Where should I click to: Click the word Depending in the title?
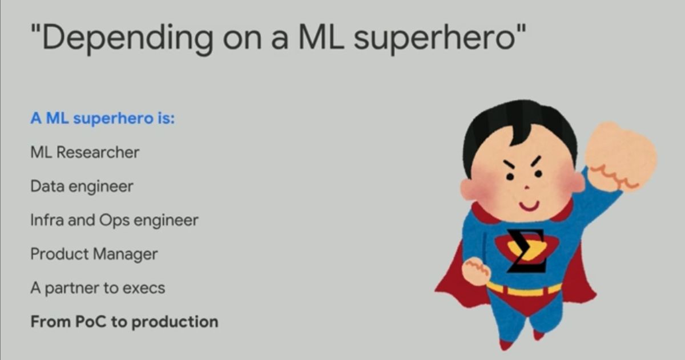pos(128,38)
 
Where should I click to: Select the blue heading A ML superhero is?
pos(102,118)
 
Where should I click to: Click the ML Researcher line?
pos(84,152)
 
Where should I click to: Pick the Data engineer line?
pos(82,187)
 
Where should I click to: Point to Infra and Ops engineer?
pos(114,220)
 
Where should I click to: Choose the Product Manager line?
pos(94,254)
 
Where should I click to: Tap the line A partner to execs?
pos(98,288)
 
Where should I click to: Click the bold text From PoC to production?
pos(124,322)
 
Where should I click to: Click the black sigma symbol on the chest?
pos(526,250)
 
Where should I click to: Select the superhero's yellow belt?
pos(524,289)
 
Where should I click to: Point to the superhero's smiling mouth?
pos(529,205)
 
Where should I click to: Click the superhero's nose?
pos(526,187)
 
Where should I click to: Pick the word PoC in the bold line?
pos(91,322)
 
